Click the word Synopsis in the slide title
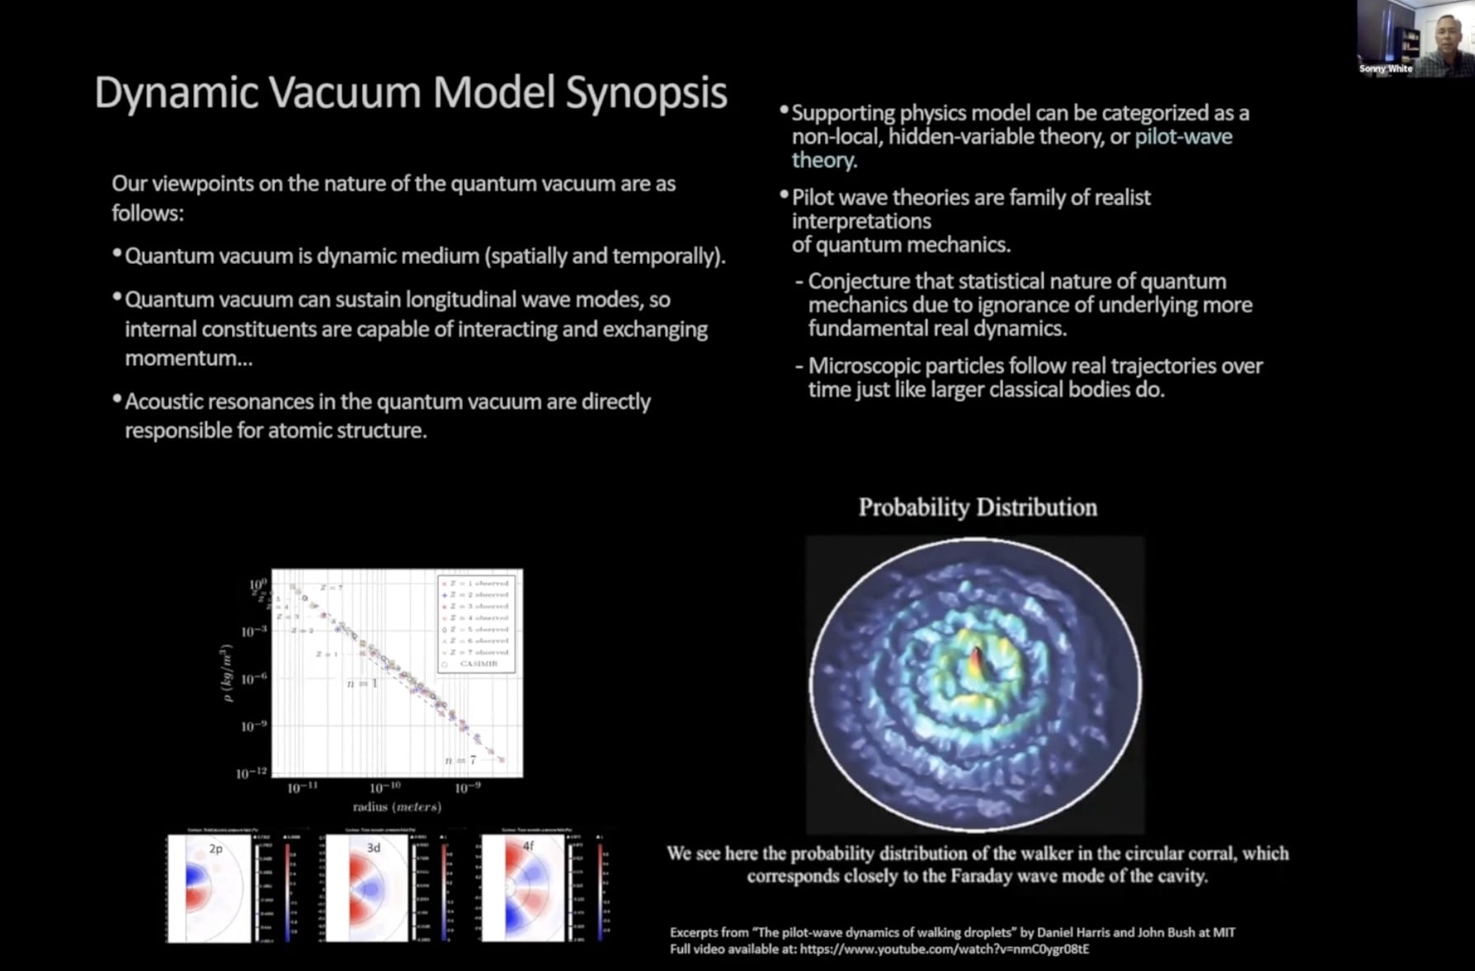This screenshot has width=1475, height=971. [x=646, y=92]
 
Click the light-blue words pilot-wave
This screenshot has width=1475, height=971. [x=1183, y=137]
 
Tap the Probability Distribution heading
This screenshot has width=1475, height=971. [x=978, y=507]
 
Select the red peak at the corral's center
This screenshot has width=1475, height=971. [x=977, y=659]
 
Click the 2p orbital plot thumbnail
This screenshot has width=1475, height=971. [x=209, y=888]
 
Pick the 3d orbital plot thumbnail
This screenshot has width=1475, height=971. [x=367, y=888]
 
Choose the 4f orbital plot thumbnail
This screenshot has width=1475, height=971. [x=523, y=888]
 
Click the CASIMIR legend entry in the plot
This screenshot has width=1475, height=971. [x=478, y=664]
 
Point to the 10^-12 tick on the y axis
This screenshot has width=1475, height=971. [x=252, y=773]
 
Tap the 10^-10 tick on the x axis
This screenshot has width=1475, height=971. [x=385, y=788]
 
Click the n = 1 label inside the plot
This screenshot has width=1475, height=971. [x=361, y=683]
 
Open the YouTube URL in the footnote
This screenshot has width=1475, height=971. [x=944, y=949]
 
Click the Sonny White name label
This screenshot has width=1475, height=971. [x=1385, y=68]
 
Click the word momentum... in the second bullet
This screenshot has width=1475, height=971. [x=189, y=359]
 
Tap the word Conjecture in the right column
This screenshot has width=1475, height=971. [x=859, y=281]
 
